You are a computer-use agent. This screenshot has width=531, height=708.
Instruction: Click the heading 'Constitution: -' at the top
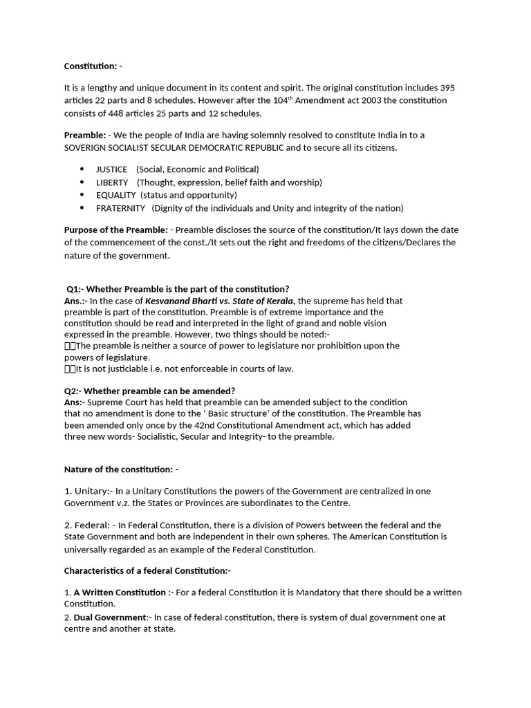tap(92, 66)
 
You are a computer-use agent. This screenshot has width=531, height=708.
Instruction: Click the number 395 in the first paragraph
tap(447, 88)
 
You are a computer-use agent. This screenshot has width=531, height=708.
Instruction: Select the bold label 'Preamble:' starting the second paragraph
tap(86, 136)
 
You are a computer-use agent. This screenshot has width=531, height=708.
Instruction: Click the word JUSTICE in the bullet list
tap(112, 169)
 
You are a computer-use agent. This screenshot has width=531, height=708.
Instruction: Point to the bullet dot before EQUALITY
tap(82, 195)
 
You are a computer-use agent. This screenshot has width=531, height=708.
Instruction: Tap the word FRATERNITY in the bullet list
tap(121, 208)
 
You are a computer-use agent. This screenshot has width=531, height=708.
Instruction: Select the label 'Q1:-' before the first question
tap(75, 289)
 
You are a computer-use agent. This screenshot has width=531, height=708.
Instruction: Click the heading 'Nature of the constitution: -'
tap(121, 469)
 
